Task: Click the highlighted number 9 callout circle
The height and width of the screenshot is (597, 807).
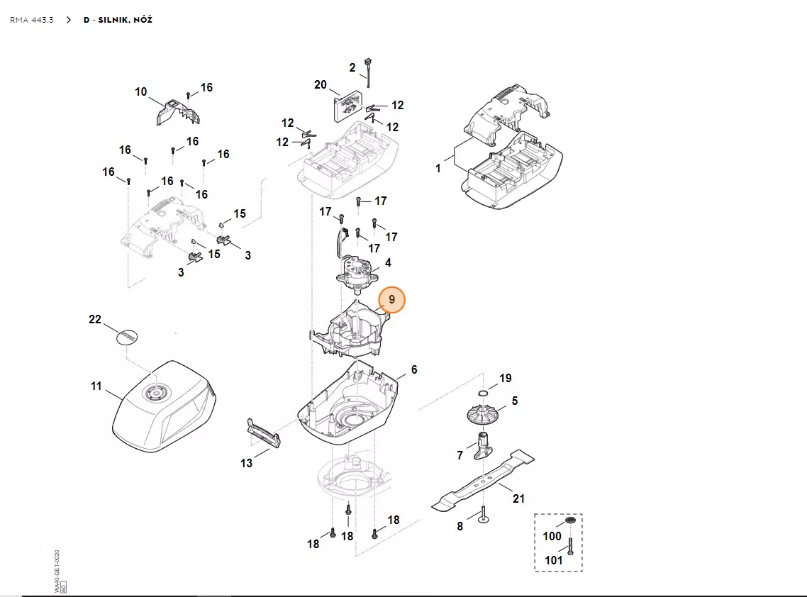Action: pyautogui.click(x=391, y=300)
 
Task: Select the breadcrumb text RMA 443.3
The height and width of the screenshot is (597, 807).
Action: pyautogui.click(x=31, y=20)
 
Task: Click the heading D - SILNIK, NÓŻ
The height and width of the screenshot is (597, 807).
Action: pyautogui.click(x=117, y=20)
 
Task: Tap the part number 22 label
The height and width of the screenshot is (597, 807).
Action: pyautogui.click(x=95, y=319)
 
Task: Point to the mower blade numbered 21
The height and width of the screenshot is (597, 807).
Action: pyautogui.click(x=482, y=482)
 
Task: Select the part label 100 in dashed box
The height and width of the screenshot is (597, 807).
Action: pyautogui.click(x=552, y=537)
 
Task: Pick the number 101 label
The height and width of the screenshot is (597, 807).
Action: pyautogui.click(x=553, y=560)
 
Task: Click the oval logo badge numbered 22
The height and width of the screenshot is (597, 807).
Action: pyautogui.click(x=126, y=336)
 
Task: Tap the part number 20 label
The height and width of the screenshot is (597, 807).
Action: pyautogui.click(x=321, y=85)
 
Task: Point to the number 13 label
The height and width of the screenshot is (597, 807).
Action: pyautogui.click(x=246, y=464)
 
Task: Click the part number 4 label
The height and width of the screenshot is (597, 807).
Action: pyautogui.click(x=388, y=263)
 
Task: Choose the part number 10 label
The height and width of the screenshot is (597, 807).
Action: pyautogui.click(x=141, y=92)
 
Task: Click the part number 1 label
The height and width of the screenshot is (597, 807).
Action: pyautogui.click(x=438, y=169)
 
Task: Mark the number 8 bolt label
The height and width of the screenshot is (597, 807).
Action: pyautogui.click(x=460, y=527)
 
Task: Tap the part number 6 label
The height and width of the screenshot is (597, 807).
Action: pyautogui.click(x=414, y=370)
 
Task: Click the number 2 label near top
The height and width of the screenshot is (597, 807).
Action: pyautogui.click(x=352, y=68)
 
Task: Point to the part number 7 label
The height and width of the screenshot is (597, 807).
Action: pyautogui.click(x=460, y=455)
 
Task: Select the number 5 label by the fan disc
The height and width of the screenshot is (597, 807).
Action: pyautogui.click(x=515, y=401)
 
